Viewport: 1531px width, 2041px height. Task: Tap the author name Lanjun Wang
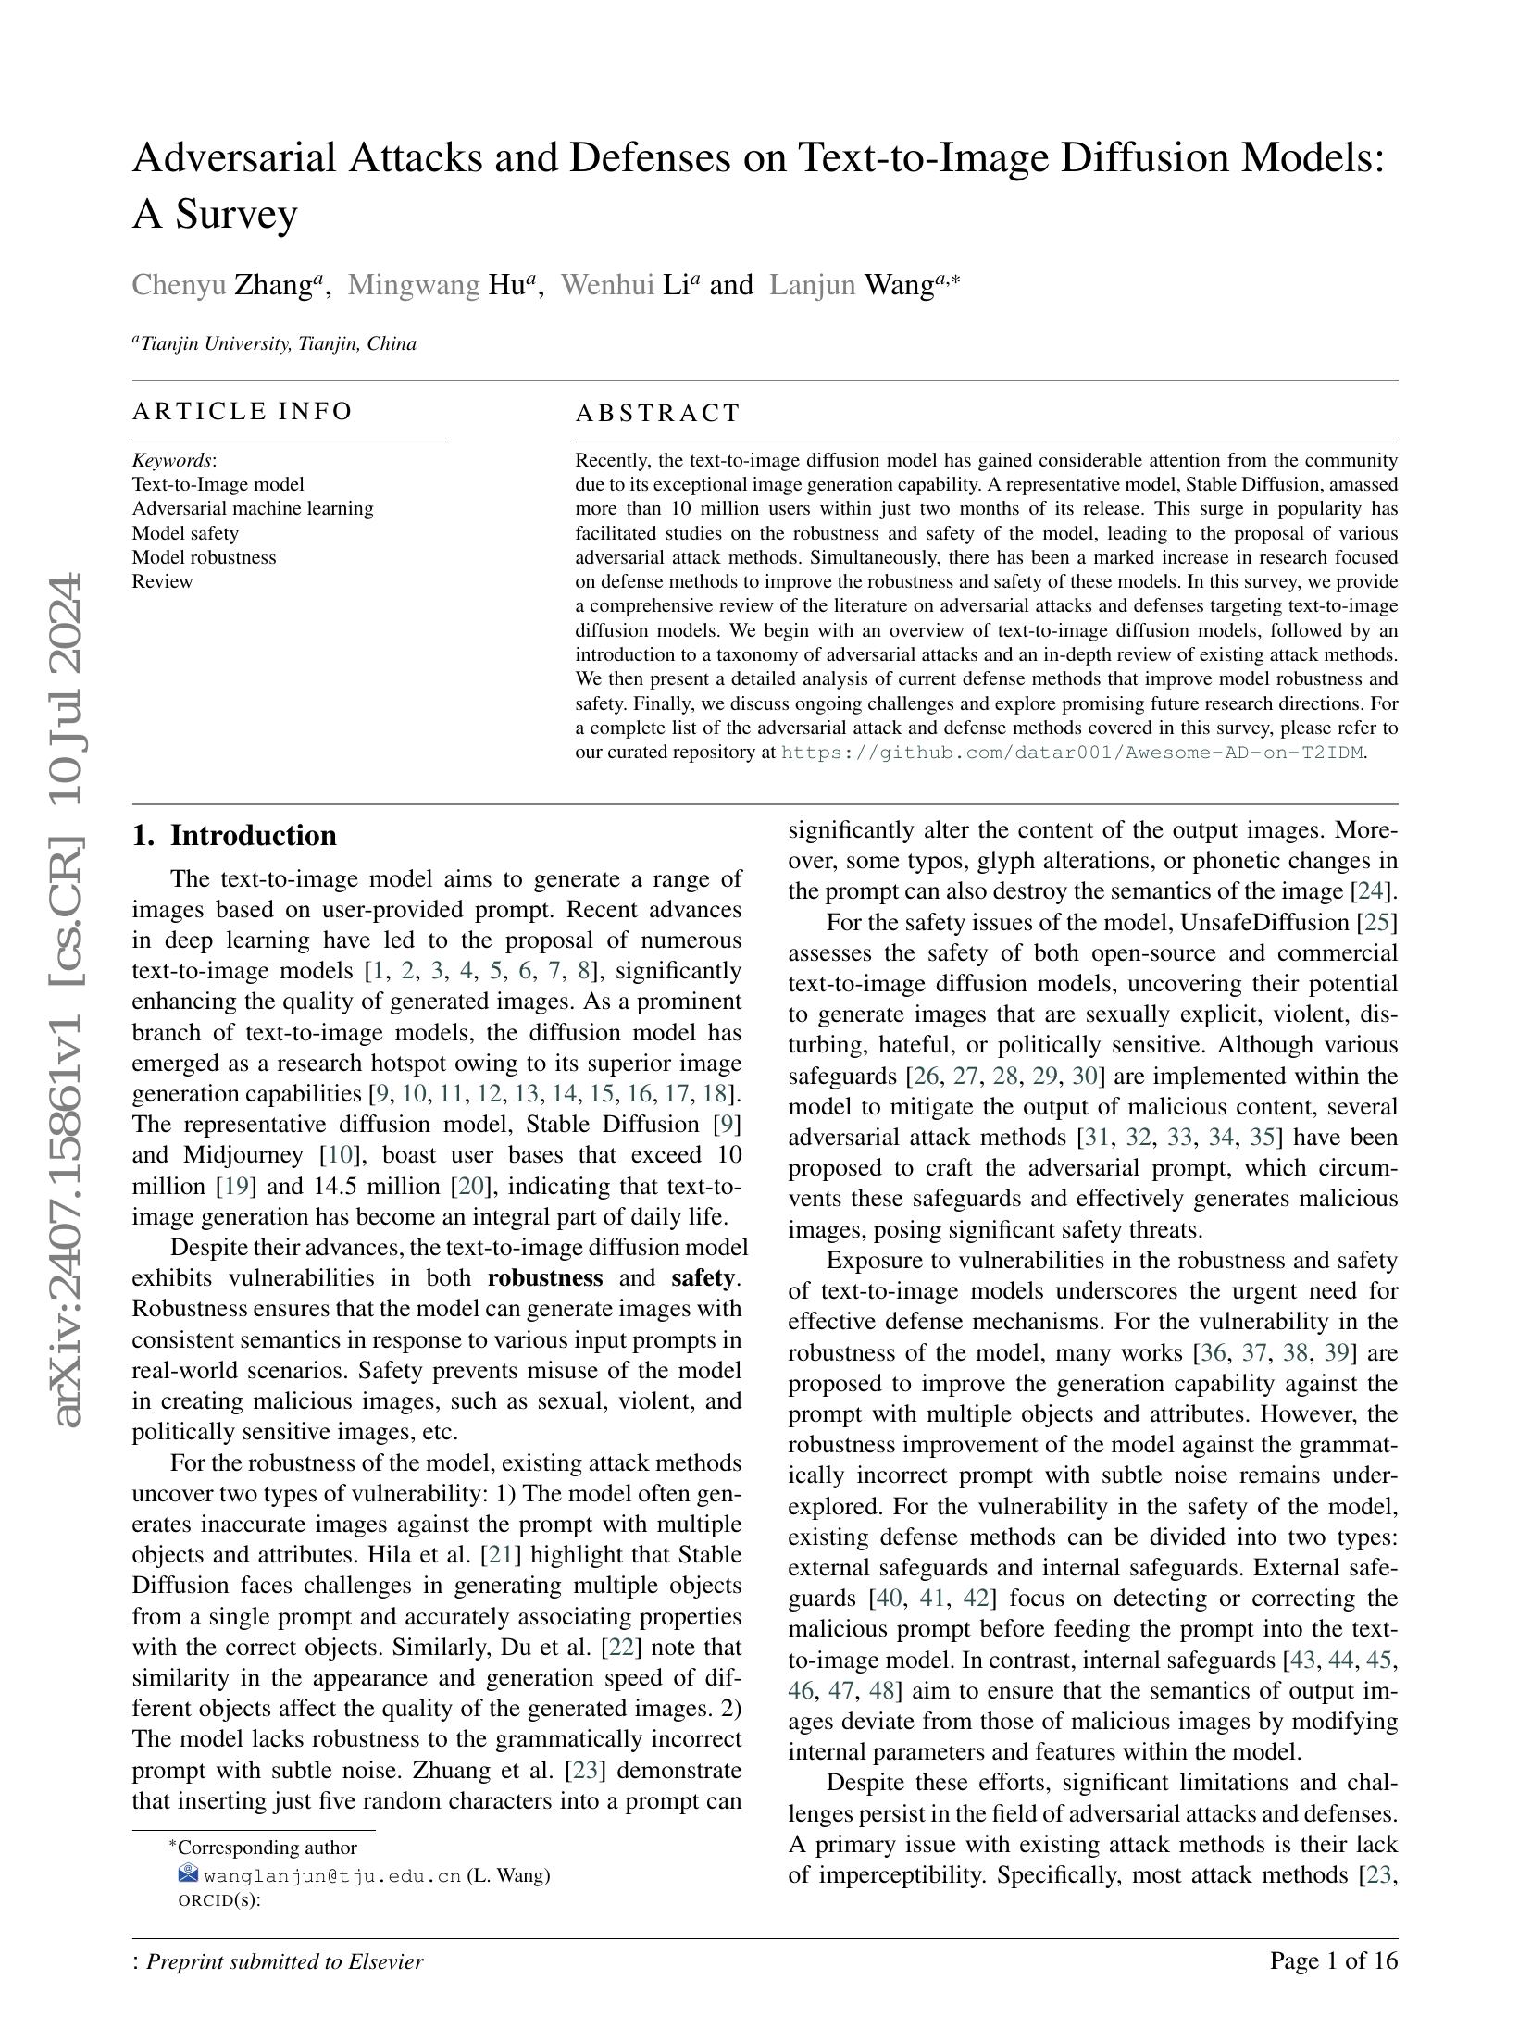(864, 285)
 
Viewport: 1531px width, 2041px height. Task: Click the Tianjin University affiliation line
(276, 344)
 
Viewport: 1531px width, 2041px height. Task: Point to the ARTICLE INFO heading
(243, 411)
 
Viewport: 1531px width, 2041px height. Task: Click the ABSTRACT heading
(658, 413)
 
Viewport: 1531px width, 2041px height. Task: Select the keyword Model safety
(185, 533)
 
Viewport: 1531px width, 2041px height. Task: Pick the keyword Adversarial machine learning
(253, 508)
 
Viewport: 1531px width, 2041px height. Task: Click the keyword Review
(162, 581)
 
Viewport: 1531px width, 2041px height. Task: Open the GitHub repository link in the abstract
(1072, 753)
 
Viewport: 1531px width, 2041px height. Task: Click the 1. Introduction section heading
(234, 836)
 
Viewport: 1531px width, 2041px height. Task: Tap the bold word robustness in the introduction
(544, 1278)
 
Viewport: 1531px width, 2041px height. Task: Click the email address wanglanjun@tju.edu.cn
(332, 1876)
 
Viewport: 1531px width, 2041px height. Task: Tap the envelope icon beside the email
(188, 1874)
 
